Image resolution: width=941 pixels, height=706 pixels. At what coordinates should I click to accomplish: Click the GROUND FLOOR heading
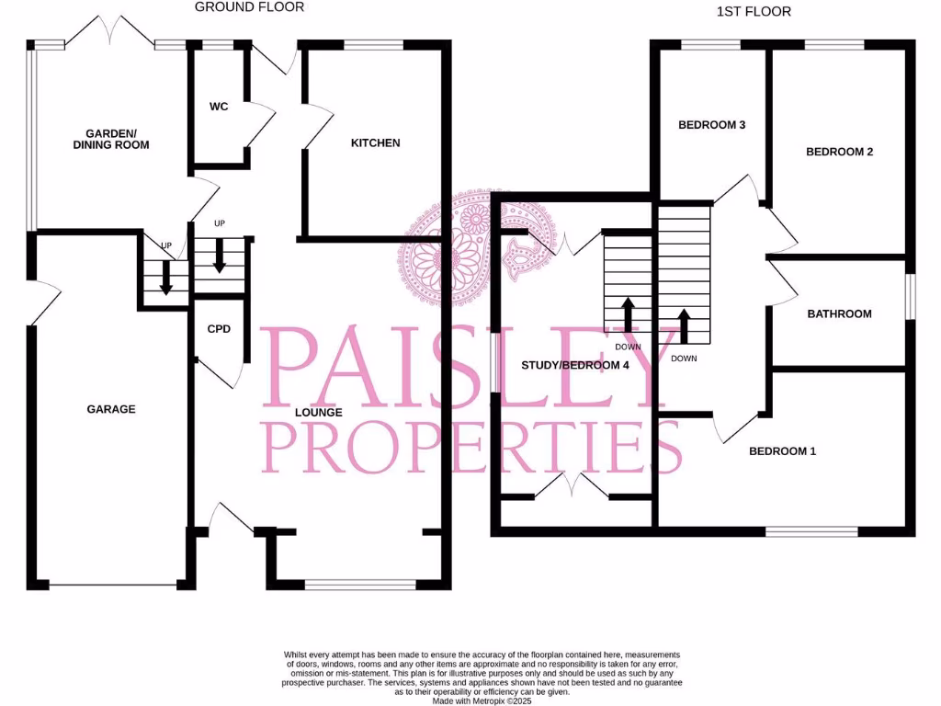tap(249, 7)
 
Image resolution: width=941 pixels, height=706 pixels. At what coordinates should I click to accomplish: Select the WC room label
tap(219, 107)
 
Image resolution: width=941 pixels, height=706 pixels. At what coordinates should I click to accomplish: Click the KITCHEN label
tap(376, 142)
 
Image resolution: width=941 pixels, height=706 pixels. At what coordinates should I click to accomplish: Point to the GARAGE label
tap(111, 409)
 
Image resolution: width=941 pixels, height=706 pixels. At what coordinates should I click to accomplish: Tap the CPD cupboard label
tap(219, 328)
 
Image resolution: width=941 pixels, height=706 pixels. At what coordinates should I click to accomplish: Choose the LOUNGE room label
tap(319, 413)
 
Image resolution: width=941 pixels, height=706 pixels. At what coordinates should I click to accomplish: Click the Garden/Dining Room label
tap(111, 139)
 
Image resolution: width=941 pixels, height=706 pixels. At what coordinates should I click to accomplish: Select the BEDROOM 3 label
tap(711, 125)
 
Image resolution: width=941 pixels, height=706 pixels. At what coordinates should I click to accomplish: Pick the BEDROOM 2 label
tap(839, 152)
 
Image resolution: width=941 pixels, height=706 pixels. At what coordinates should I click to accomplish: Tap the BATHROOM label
tap(839, 313)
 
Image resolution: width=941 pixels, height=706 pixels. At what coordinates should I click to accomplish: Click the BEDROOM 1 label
tap(782, 451)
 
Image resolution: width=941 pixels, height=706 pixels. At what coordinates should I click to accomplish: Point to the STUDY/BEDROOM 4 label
tap(575, 365)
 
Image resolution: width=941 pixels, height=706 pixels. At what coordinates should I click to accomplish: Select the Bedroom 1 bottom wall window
tap(811, 530)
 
